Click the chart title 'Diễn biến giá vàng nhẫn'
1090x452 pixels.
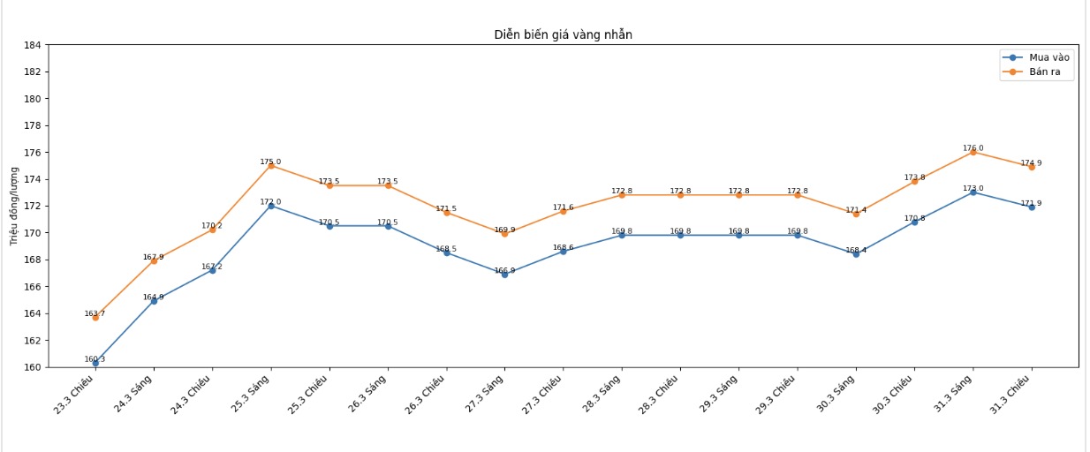pos(563,34)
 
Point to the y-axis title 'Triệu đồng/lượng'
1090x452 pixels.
pos(13,206)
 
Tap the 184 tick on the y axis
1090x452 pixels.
pos(32,45)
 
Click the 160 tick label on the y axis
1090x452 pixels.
pos(32,367)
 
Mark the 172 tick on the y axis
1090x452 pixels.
pos(32,206)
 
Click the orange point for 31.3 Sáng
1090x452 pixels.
pos(973,152)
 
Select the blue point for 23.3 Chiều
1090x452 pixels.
pos(95,363)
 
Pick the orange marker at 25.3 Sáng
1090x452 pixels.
pos(270,165)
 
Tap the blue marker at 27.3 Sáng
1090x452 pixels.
pos(504,275)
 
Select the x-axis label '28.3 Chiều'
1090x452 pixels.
pos(660,395)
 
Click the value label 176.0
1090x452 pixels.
pos(973,148)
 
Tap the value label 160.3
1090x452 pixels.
pos(95,359)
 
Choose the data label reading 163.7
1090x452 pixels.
pos(95,313)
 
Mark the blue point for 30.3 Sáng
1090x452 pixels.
pos(856,254)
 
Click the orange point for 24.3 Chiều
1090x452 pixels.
pos(212,230)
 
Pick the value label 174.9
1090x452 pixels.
pos(1031,162)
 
